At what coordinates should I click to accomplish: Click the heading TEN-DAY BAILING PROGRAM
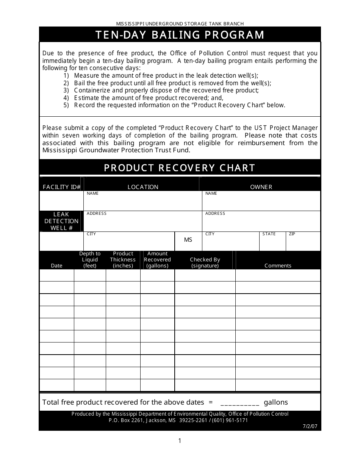pos(180,35)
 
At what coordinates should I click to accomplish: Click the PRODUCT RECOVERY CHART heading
pos(180,168)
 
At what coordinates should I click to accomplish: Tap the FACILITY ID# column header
pos(62,187)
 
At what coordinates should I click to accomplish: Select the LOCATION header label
pos(143,187)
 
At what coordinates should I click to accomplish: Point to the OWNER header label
pos(261,187)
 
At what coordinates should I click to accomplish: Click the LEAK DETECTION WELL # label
pos(61,221)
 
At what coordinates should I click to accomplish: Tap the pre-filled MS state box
pos(188,240)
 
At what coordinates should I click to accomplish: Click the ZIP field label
pos(292,234)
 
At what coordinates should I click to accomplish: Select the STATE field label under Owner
pos(269,234)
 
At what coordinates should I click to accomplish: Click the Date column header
pos(56,266)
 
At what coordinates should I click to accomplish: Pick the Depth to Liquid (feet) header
pos(90,260)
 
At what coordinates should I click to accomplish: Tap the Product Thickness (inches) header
pos(123,260)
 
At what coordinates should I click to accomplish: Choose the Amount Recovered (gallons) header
pos(157,260)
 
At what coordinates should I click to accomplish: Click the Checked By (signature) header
pos(205,263)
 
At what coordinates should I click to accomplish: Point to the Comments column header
pos(278,266)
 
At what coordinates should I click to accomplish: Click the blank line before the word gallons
pos(239,403)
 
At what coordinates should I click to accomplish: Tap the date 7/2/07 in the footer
pos(310,426)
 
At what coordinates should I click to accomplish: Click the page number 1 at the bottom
pos(180,441)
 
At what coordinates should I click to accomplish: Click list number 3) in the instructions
pos(66,91)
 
